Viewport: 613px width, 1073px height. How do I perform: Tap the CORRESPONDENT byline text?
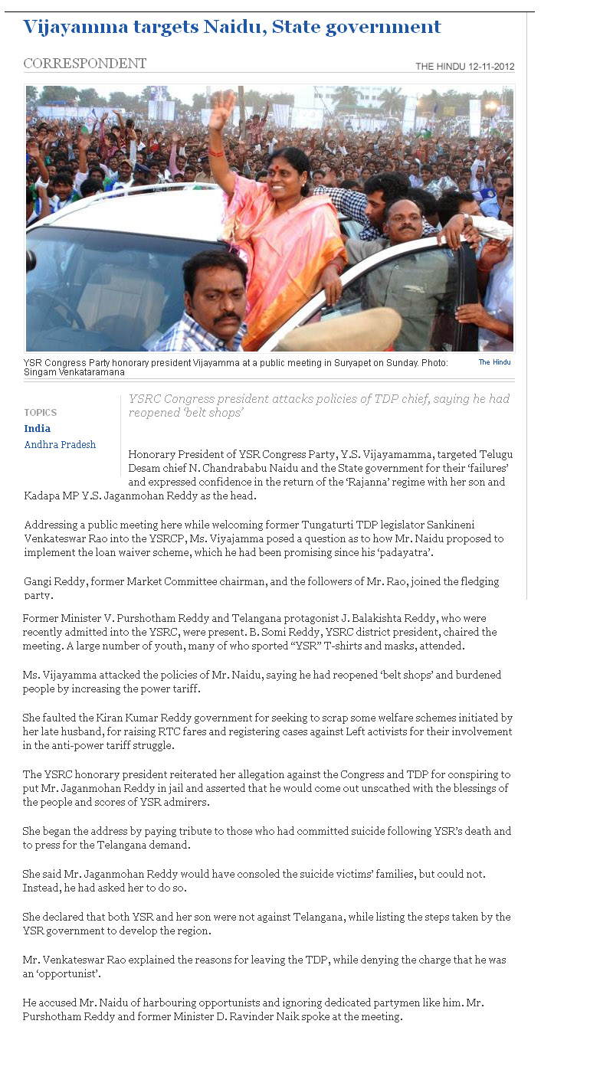(x=84, y=64)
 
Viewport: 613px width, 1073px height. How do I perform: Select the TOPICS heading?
(x=40, y=413)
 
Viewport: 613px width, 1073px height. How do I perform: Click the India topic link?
(x=37, y=429)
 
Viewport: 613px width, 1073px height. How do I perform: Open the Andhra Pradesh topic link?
(x=60, y=445)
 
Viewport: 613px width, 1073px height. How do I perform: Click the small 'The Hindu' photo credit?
(x=494, y=362)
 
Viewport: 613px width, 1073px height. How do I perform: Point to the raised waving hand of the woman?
(x=222, y=110)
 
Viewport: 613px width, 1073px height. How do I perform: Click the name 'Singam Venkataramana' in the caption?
(x=74, y=372)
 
